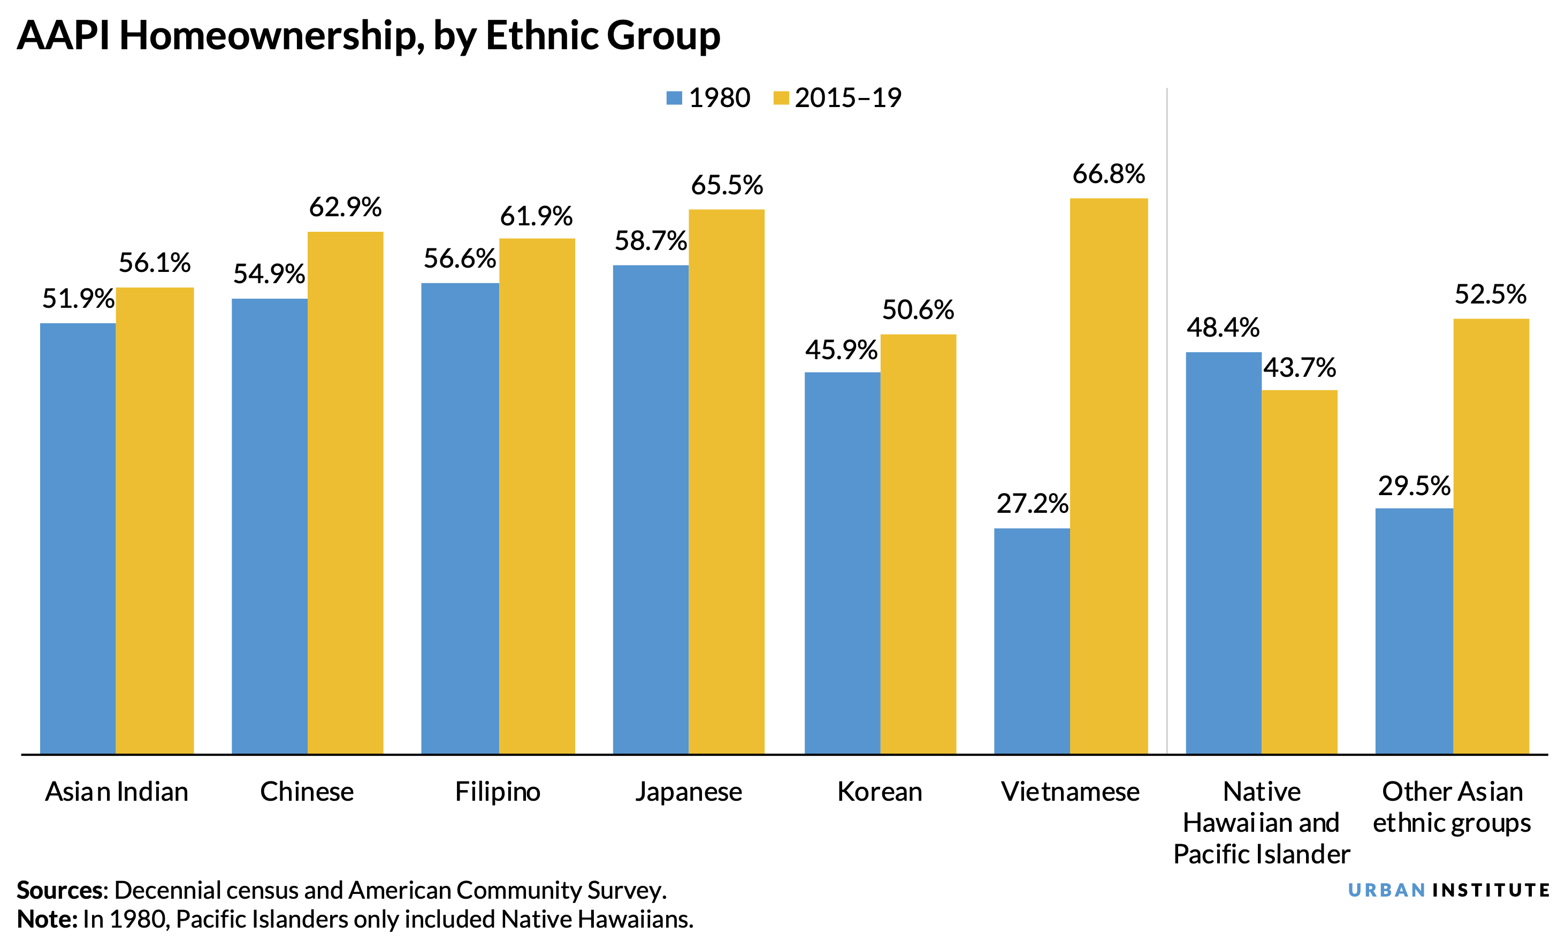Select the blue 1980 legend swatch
[674, 98]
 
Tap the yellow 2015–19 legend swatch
[781, 98]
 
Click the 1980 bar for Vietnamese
[1031, 640]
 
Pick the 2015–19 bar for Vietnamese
[1108, 475]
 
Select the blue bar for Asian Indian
[78, 539]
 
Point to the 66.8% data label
[1108, 174]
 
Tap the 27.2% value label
[1031, 504]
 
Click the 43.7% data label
[1300, 367]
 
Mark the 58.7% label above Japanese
[650, 241]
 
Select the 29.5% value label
[1414, 485]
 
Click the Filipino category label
[498, 791]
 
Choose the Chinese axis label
[307, 791]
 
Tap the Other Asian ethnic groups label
[1452, 807]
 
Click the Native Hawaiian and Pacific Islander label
[1262, 822]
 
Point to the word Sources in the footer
[61, 890]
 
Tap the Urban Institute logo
[1448, 890]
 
